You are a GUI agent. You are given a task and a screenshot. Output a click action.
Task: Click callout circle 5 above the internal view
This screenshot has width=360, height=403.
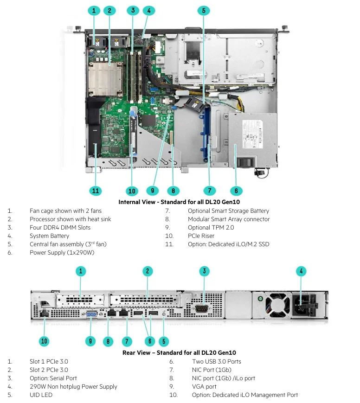(204, 10)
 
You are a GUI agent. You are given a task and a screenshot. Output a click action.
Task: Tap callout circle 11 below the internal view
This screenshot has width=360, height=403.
(95, 191)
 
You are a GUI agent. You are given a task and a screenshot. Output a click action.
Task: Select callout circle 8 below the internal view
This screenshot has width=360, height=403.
(173, 191)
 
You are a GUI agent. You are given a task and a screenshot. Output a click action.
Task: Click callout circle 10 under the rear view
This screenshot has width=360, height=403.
(44, 341)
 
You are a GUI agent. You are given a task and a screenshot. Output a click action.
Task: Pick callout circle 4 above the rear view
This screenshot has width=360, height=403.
(302, 271)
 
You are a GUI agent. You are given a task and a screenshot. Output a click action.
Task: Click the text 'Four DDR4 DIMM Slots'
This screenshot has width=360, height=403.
(60, 228)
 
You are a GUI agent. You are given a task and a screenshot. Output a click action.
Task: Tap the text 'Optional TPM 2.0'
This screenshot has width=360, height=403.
(211, 228)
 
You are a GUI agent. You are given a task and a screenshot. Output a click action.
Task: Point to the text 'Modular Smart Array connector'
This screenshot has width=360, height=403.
(228, 219)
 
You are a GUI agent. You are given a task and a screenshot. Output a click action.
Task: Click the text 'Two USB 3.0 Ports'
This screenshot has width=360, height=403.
(216, 362)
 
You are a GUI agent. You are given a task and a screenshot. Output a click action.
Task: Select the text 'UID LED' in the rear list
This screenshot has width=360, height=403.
(41, 395)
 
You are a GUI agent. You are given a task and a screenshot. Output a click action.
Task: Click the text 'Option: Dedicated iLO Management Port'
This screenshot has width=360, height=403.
(244, 395)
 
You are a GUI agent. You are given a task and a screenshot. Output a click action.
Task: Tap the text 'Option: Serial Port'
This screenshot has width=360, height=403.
(53, 378)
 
